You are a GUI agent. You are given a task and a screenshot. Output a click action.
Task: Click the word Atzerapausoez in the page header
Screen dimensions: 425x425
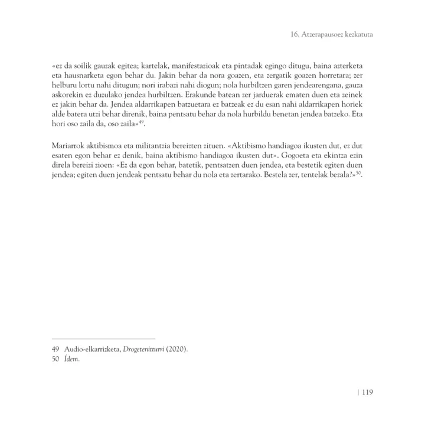pos(326,35)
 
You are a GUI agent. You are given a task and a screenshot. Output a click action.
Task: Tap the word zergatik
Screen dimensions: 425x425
pos(283,76)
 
